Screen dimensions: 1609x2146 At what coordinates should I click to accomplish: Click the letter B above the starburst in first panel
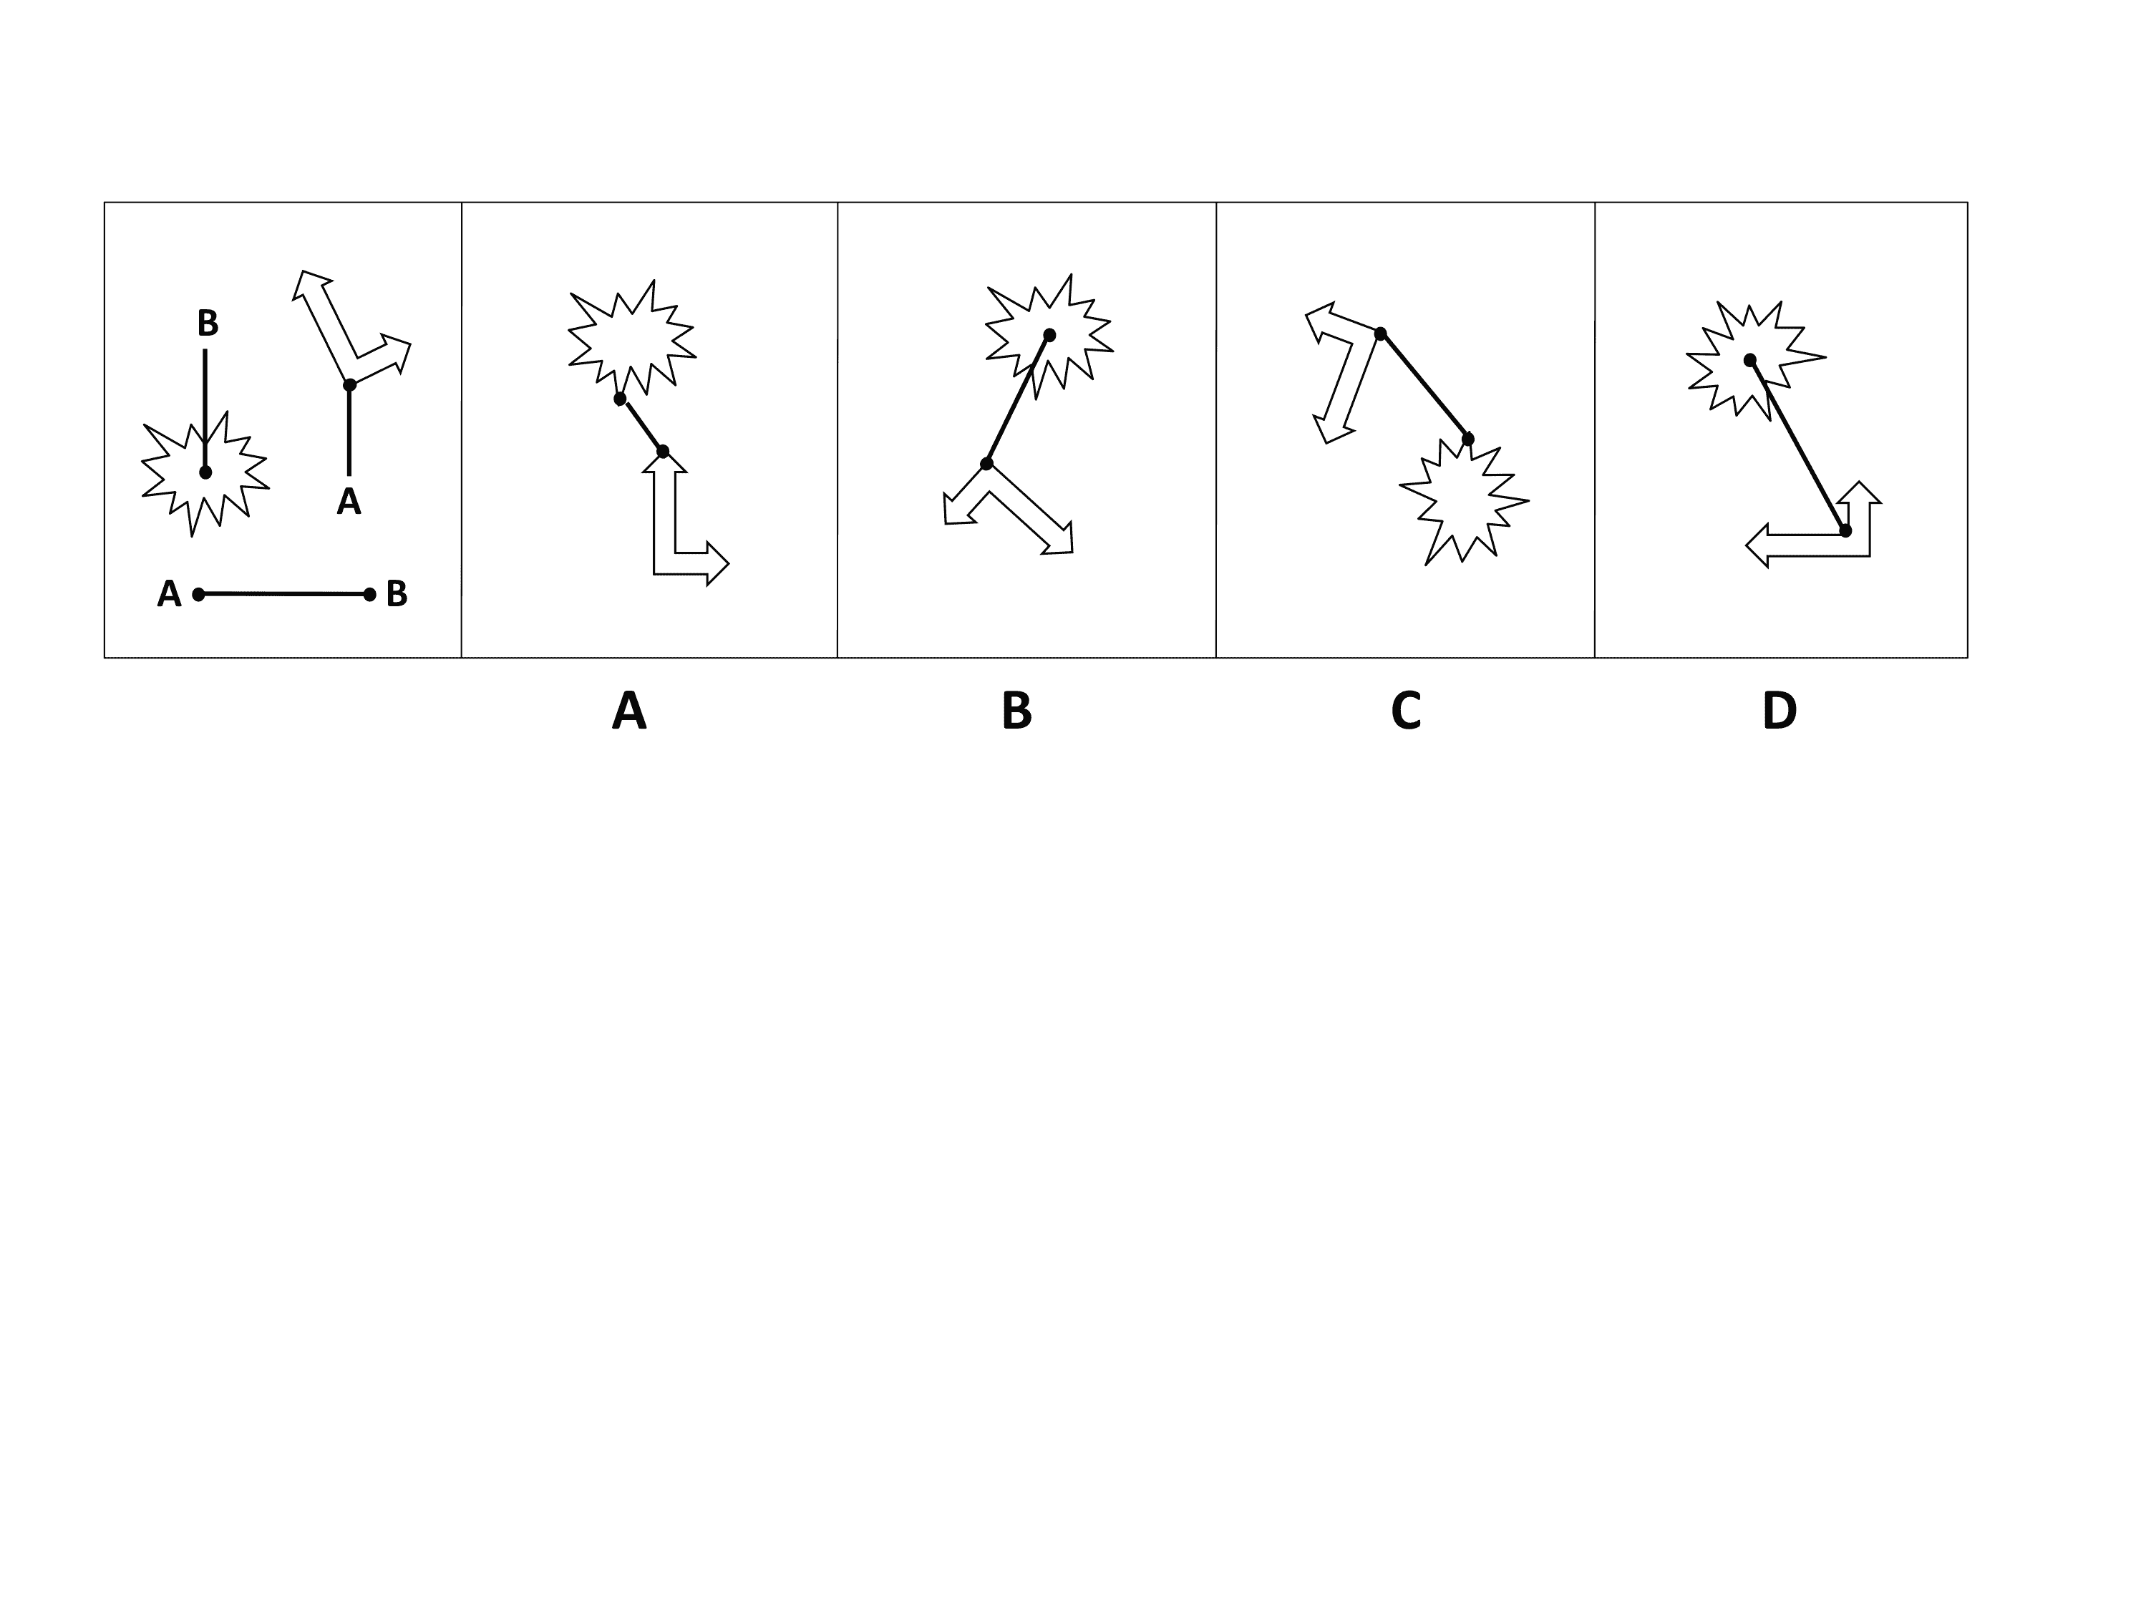tap(208, 323)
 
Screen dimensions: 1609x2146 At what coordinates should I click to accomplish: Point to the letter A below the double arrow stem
tap(349, 502)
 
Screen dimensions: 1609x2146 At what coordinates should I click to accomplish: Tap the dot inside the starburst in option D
tap(1749, 360)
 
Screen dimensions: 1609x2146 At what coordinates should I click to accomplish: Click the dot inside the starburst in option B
tap(1049, 334)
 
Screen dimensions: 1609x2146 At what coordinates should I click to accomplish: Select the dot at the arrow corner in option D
tap(1845, 530)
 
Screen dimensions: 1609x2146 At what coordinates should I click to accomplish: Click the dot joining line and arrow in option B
tap(986, 464)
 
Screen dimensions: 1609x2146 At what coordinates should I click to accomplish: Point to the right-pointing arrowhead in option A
tap(716, 563)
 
